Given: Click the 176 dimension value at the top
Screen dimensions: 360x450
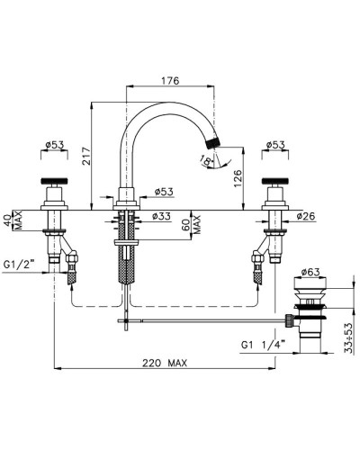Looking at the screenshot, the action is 170,81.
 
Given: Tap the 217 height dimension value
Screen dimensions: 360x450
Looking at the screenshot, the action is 86,156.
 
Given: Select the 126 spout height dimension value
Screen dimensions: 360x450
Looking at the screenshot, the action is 238,178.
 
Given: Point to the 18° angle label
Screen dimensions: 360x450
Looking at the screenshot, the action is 205,161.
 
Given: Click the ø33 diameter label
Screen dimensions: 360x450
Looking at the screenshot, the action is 161,216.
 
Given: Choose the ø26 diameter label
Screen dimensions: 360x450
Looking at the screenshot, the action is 306,216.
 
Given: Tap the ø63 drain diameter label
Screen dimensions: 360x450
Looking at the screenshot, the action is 310,272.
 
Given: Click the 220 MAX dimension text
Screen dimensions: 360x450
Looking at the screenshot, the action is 165,364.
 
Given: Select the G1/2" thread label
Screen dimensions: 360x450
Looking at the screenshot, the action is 19,265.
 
